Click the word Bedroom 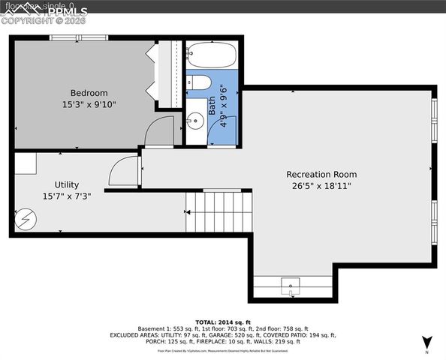(89, 93)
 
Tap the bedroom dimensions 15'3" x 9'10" (89, 105)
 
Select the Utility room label (66, 184)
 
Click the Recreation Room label (321, 174)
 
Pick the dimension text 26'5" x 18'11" (321, 186)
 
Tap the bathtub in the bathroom (211, 55)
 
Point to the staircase (217, 211)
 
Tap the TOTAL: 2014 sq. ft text (222, 320)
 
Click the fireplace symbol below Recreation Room (291, 284)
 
